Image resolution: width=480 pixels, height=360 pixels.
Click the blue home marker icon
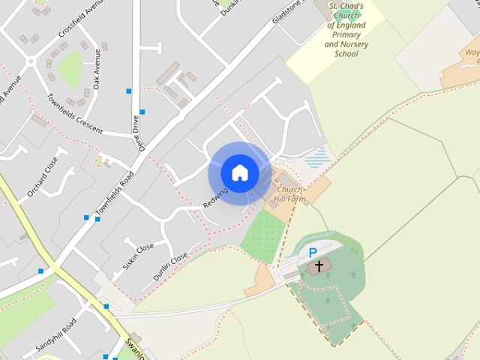[x=239, y=173]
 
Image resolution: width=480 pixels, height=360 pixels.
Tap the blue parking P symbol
[x=313, y=253]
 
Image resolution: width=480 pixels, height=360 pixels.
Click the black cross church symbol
[x=319, y=266]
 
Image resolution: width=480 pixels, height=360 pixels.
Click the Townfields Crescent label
[x=73, y=115]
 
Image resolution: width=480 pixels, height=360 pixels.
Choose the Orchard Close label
[x=43, y=178]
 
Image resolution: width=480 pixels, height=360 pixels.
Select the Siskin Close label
[x=137, y=256]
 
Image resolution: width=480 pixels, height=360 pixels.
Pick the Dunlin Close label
[x=170, y=267]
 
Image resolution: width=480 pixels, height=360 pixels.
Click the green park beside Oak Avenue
[x=71, y=70]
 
